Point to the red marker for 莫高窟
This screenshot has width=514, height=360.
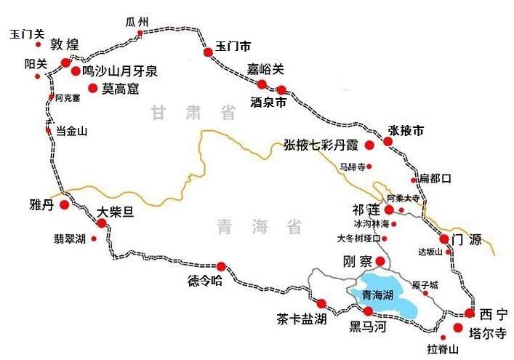point(92,88)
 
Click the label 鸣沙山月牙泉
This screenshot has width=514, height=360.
point(119,71)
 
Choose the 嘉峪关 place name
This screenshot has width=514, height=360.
point(265,69)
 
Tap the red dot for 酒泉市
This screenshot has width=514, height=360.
point(281,90)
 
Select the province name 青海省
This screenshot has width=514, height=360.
point(259,227)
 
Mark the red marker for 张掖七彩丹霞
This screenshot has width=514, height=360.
point(369,145)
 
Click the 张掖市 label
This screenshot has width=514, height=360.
point(406,130)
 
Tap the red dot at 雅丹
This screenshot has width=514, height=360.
point(64,205)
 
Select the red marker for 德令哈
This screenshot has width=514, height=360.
point(221,266)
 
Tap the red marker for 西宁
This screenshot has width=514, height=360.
point(470,313)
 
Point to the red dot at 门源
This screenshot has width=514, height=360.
point(443,239)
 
